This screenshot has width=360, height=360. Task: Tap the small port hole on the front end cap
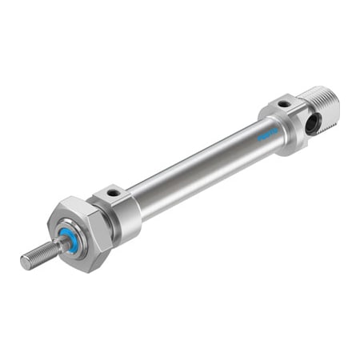114,193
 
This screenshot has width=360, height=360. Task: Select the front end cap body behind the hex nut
120,212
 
